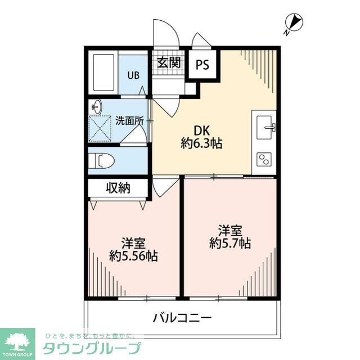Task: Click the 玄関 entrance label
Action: [x=168, y=63]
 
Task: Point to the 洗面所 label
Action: [x=129, y=120]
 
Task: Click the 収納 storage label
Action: [x=118, y=188]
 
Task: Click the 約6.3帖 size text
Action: [x=201, y=143]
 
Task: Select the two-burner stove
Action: [x=263, y=160]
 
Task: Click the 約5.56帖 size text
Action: [x=133, y=256]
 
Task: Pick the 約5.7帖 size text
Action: [x=230, y=244]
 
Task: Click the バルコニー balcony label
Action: [x=182, y=318]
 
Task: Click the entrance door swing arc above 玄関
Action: [x=167, y=33]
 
